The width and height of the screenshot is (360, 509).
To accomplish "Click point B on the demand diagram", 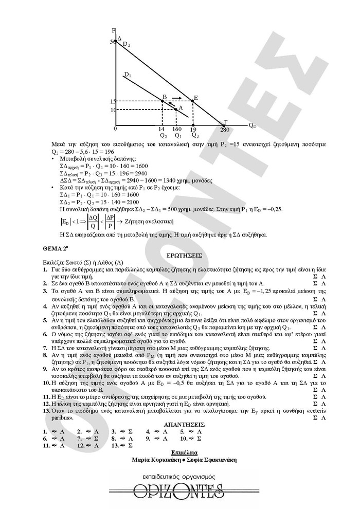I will point(163,101).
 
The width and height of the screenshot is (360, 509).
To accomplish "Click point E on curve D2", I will point(192,101).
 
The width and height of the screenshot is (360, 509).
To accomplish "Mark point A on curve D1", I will point(176,109).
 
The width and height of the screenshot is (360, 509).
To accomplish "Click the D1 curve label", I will point(128,75).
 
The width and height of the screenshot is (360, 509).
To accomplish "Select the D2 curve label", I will point(126,45).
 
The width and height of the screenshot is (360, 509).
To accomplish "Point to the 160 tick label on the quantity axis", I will point(177,130).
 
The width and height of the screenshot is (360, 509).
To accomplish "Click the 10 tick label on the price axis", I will point(113,110).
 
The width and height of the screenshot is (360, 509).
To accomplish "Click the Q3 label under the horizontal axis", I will point(194,136).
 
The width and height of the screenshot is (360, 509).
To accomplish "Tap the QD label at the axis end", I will point(252,125).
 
